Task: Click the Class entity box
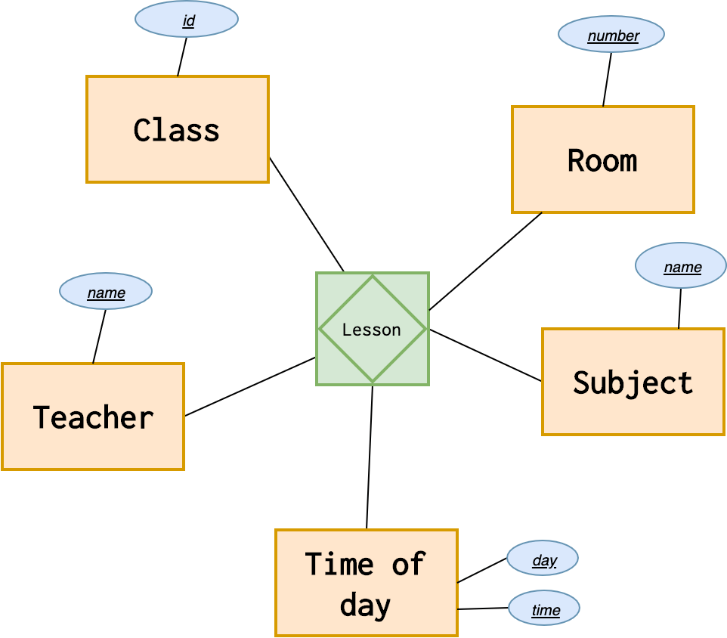[x=178, y=129]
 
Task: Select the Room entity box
[x=602, y=159]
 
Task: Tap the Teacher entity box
[x=93, y=417]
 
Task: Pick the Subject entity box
[x=633, y=382]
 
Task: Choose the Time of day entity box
[x=367, y=583]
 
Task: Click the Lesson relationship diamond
[x=372, y=329]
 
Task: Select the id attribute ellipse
[x=187, y=20]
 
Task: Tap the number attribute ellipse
[x=611, y=35]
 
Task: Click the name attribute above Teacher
[x=106, y=292]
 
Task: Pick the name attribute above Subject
[x=681, y=266]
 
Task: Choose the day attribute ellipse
[x=543, y=559]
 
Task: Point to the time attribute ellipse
[x=544, y=609]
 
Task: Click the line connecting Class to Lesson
[x=307, y=215]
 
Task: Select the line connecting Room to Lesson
[x=485, y=262]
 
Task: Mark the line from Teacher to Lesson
[x=249, y=386]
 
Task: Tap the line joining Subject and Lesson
[x=485, y=355]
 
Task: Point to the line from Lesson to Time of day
[x=370, y=457]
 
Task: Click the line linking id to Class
[x=182, y=57]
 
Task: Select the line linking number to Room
[x=607, y=79]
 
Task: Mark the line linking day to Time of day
[x=482, y=571]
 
